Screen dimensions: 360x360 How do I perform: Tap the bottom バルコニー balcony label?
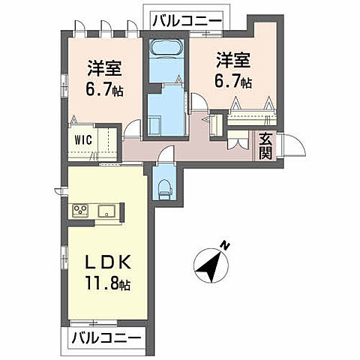(x=106, y=338)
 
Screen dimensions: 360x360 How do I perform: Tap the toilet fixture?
(x=164, y=182)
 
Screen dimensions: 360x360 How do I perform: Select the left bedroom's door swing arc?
(x=132, y=133)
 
